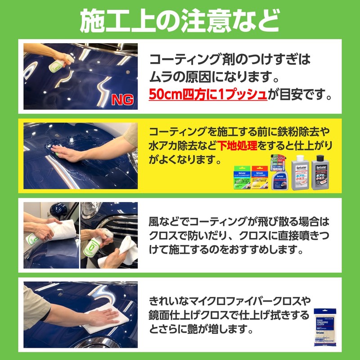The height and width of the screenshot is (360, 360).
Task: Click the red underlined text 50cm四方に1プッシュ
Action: (x=208, y=95)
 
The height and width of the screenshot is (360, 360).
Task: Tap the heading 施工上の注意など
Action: (x=180, y=21)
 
